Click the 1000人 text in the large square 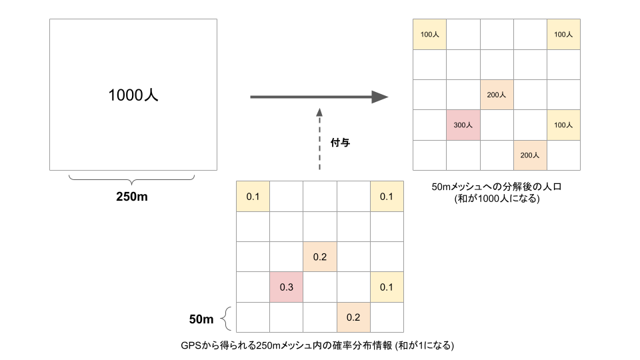point(133,96)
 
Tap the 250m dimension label point(133,197)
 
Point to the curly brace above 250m point(132,179)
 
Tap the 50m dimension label point(201,320)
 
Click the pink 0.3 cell point(286,287)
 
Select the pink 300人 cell point(463,125)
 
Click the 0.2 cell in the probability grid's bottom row point(353,317)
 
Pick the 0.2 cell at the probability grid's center point(319,257)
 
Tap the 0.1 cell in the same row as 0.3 point(387,287)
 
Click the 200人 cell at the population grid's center point(497,95)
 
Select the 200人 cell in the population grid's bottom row point(530,155)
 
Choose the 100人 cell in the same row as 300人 point(563,125)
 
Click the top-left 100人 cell point(429,34)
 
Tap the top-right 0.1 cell point(387,197)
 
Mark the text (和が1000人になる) point(496,199)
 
